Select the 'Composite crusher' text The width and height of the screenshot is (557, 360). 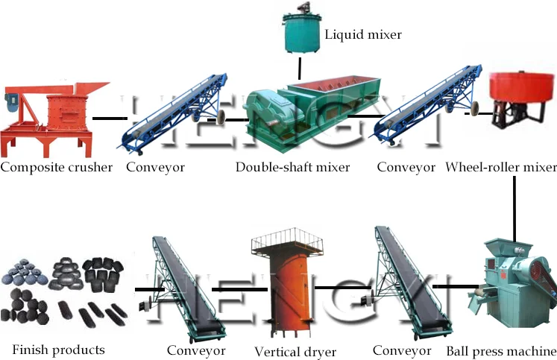point(56,167)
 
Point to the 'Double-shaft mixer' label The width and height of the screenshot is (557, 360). point(292,167)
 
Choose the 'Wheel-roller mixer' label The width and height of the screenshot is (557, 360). point(500,167)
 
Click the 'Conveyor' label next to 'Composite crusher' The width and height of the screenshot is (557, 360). point(155,167)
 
